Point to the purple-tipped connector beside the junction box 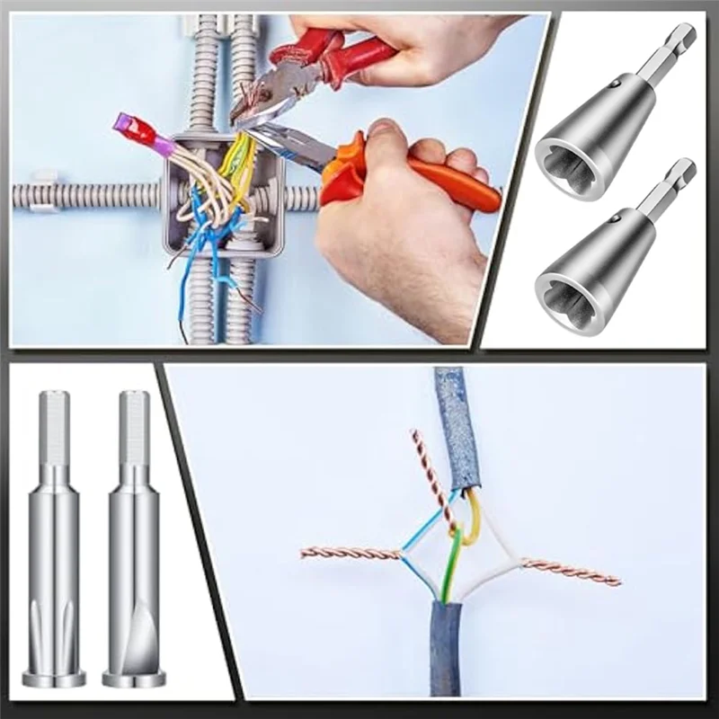tap(135, 132)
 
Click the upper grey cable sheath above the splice tap(454, 422)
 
